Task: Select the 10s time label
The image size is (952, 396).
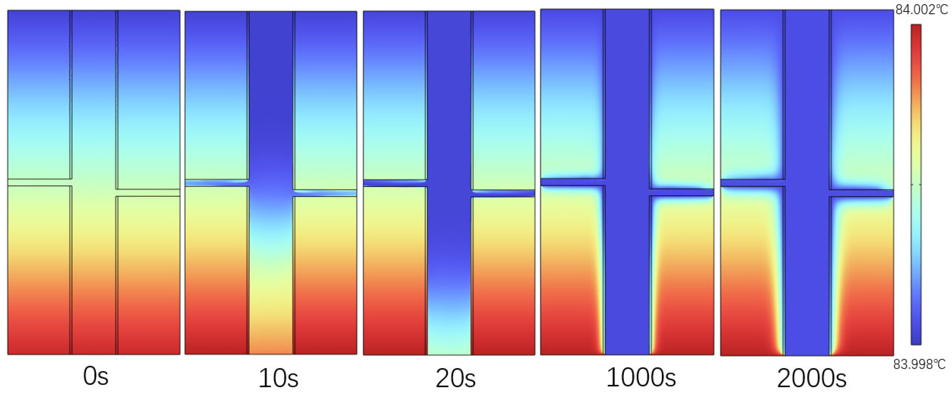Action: pos(278,378)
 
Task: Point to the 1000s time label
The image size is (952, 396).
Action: pos(641,378)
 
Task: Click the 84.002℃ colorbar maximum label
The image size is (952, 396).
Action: pos(921,10)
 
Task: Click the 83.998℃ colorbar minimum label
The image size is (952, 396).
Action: pos(919,365)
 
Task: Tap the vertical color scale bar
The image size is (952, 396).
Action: pos(916,185)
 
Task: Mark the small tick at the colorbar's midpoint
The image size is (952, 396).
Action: pos(916,184)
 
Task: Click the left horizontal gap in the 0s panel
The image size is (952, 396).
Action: pos(39,182)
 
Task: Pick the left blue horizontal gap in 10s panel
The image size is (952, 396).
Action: pos(217,182)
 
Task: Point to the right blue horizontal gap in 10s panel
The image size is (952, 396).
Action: pos(325,193)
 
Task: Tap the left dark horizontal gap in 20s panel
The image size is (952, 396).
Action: pos(395,183)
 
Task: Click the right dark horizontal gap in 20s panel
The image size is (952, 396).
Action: pos(503,193)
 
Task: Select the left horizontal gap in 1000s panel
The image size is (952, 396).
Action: pos(572,182)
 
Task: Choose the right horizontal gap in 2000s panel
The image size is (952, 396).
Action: pos(861,193)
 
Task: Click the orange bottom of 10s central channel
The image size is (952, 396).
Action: pos(271,340)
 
